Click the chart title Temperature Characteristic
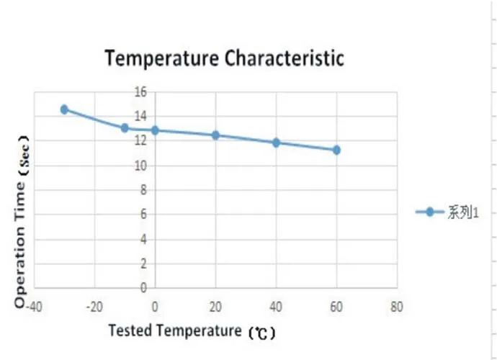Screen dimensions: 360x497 click(x=224, y=58)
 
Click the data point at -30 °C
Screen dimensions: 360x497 click(x=64, y=109)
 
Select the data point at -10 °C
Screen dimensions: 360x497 click(x=125, y=128)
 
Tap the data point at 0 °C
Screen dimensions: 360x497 click(x=155, y=130)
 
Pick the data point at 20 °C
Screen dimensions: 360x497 click(x=215, y=135)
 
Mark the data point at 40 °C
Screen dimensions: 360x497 click(x=276, y=143)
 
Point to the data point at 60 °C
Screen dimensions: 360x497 click(x=336, y=150)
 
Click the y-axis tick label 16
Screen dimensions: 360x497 click(x=140, y=91)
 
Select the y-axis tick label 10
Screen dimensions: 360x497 click(x=140, y=166)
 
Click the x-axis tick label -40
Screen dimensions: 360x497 click(x=32, y=305)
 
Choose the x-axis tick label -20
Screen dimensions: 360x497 click(x=94, y=305)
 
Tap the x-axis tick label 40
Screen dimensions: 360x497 click(x=276, y=305)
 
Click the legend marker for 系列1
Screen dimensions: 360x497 click(x=430, y=212)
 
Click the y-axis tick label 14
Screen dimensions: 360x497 click(x=140, y=116)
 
